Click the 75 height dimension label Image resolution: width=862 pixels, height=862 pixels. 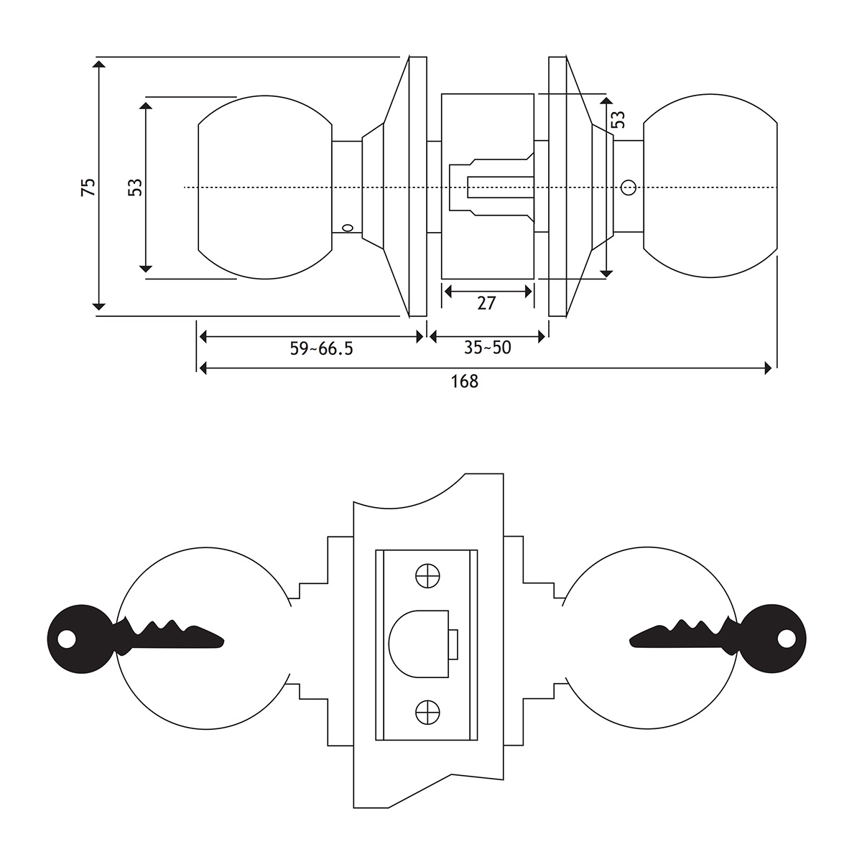88,187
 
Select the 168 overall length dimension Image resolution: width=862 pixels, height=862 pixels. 465,381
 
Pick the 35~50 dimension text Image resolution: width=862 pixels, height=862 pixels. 487,348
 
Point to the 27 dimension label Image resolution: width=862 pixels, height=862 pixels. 486,303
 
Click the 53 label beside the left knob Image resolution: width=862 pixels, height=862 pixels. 135,187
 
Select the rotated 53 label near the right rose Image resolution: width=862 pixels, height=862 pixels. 618,119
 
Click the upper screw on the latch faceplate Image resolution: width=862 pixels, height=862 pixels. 427,576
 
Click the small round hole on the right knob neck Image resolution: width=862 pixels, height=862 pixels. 629,188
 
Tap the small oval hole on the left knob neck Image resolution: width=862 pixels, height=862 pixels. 348,228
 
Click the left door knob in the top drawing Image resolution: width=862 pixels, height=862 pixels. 264,187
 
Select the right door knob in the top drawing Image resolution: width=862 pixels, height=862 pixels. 710,187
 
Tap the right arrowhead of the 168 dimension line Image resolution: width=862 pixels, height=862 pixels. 769,369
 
